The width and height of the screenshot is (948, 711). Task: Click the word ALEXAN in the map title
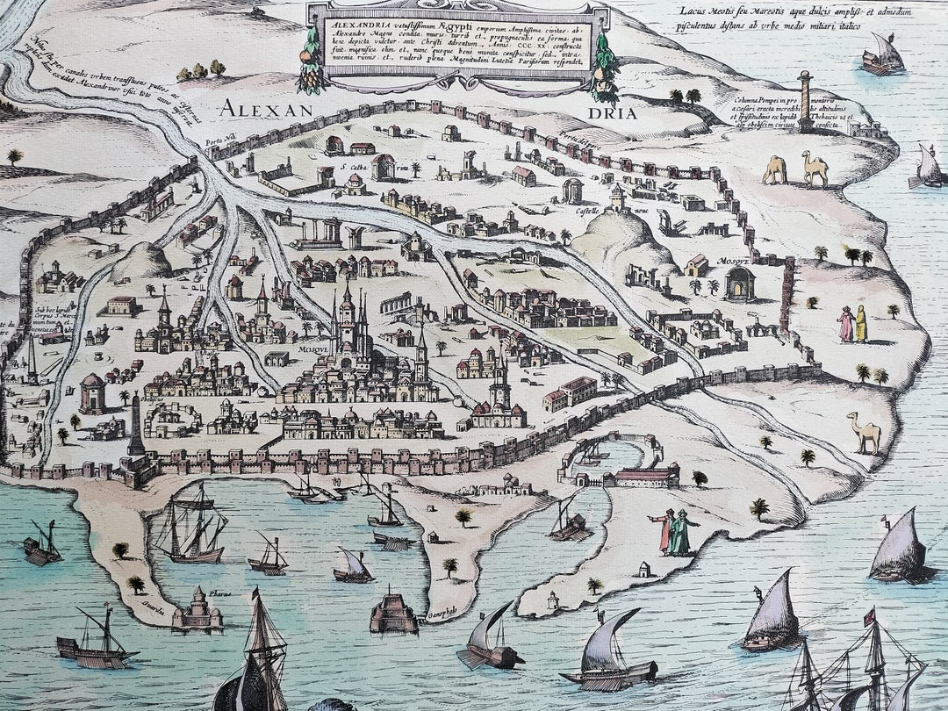(266, 110)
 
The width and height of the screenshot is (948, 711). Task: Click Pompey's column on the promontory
(803, 100)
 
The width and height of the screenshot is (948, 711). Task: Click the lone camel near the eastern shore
(865, 433)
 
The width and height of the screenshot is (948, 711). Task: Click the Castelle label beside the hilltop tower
(587, 211)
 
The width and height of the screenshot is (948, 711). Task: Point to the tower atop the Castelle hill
(618, 197)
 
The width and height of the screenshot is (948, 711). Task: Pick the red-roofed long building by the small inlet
(646, 477)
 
